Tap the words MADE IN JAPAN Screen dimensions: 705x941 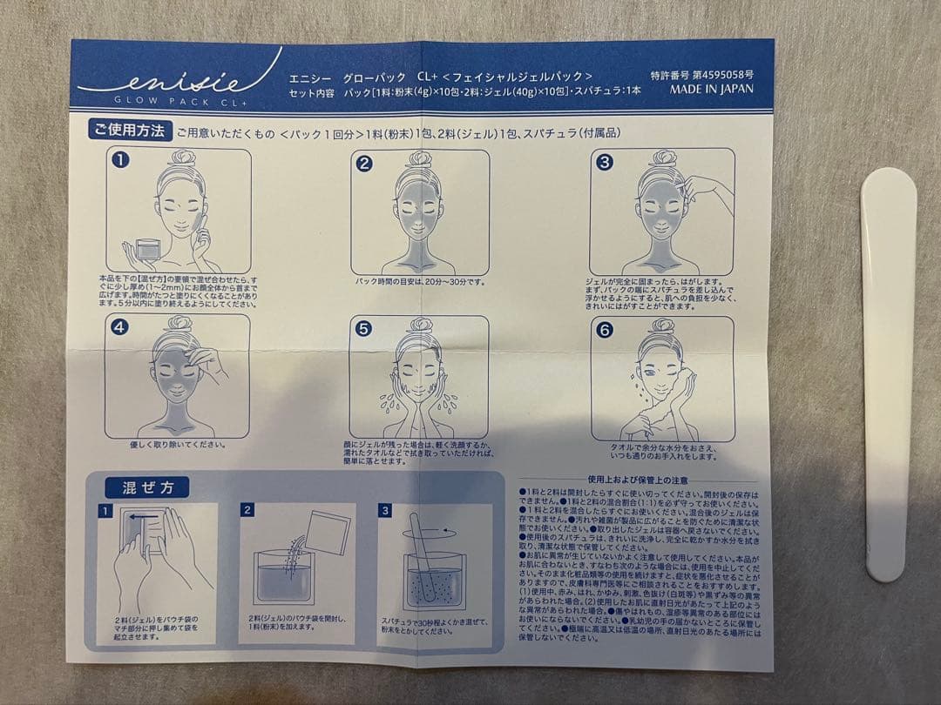[711, 88]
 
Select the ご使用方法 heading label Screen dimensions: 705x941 [129, 131]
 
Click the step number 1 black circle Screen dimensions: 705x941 [121, 162]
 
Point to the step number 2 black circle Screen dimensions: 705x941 [365, 163]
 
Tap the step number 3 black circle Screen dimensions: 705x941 [604, 162]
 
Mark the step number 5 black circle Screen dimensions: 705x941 [364, 329]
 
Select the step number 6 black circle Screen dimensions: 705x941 [604, 329]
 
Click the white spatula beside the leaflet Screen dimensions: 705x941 [888, 374]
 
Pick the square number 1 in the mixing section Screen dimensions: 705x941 [105, 511]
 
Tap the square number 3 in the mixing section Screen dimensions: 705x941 [384, 511]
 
